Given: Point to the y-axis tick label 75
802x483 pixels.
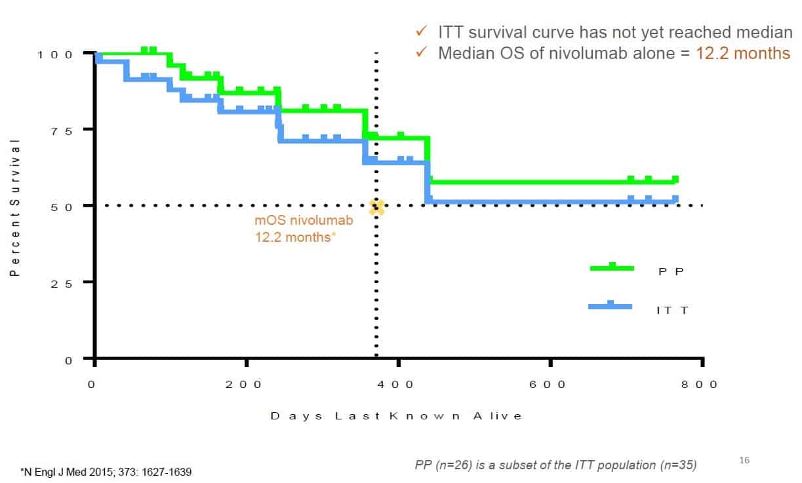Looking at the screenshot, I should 64,130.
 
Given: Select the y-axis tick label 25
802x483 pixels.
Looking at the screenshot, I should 64,282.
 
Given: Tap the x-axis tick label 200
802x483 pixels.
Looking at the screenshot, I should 245,385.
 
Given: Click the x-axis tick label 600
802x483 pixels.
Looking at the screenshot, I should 548,385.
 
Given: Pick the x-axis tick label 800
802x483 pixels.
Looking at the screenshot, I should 700,385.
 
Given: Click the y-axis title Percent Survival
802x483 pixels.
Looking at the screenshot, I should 14,206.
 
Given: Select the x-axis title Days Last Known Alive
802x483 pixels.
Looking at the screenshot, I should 397,416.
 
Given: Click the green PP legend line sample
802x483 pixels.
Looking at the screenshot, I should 612,267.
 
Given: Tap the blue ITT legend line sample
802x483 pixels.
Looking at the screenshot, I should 611,306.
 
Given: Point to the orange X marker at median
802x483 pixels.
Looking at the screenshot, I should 376,208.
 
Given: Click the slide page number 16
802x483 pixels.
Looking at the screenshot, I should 744,461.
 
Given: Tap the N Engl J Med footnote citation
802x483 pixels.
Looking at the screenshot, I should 106,471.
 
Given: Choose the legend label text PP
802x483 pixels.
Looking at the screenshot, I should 671,271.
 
